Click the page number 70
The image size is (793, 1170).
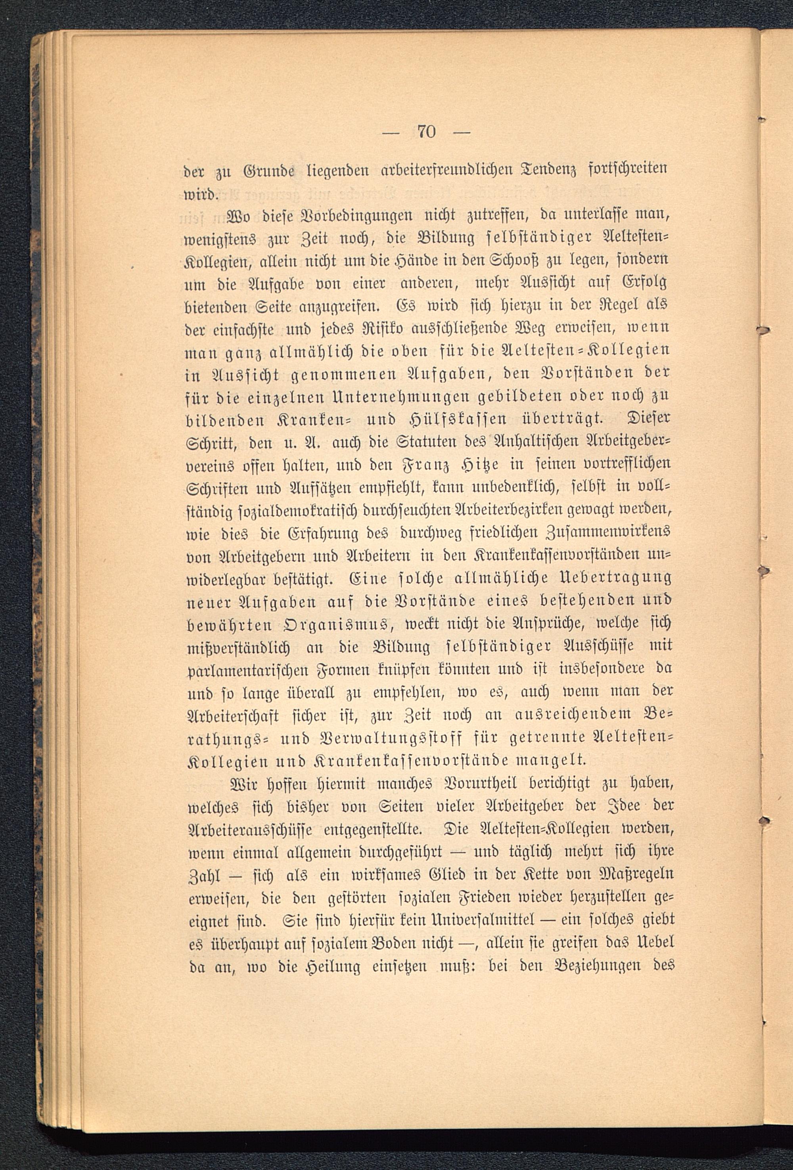[426, 132]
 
